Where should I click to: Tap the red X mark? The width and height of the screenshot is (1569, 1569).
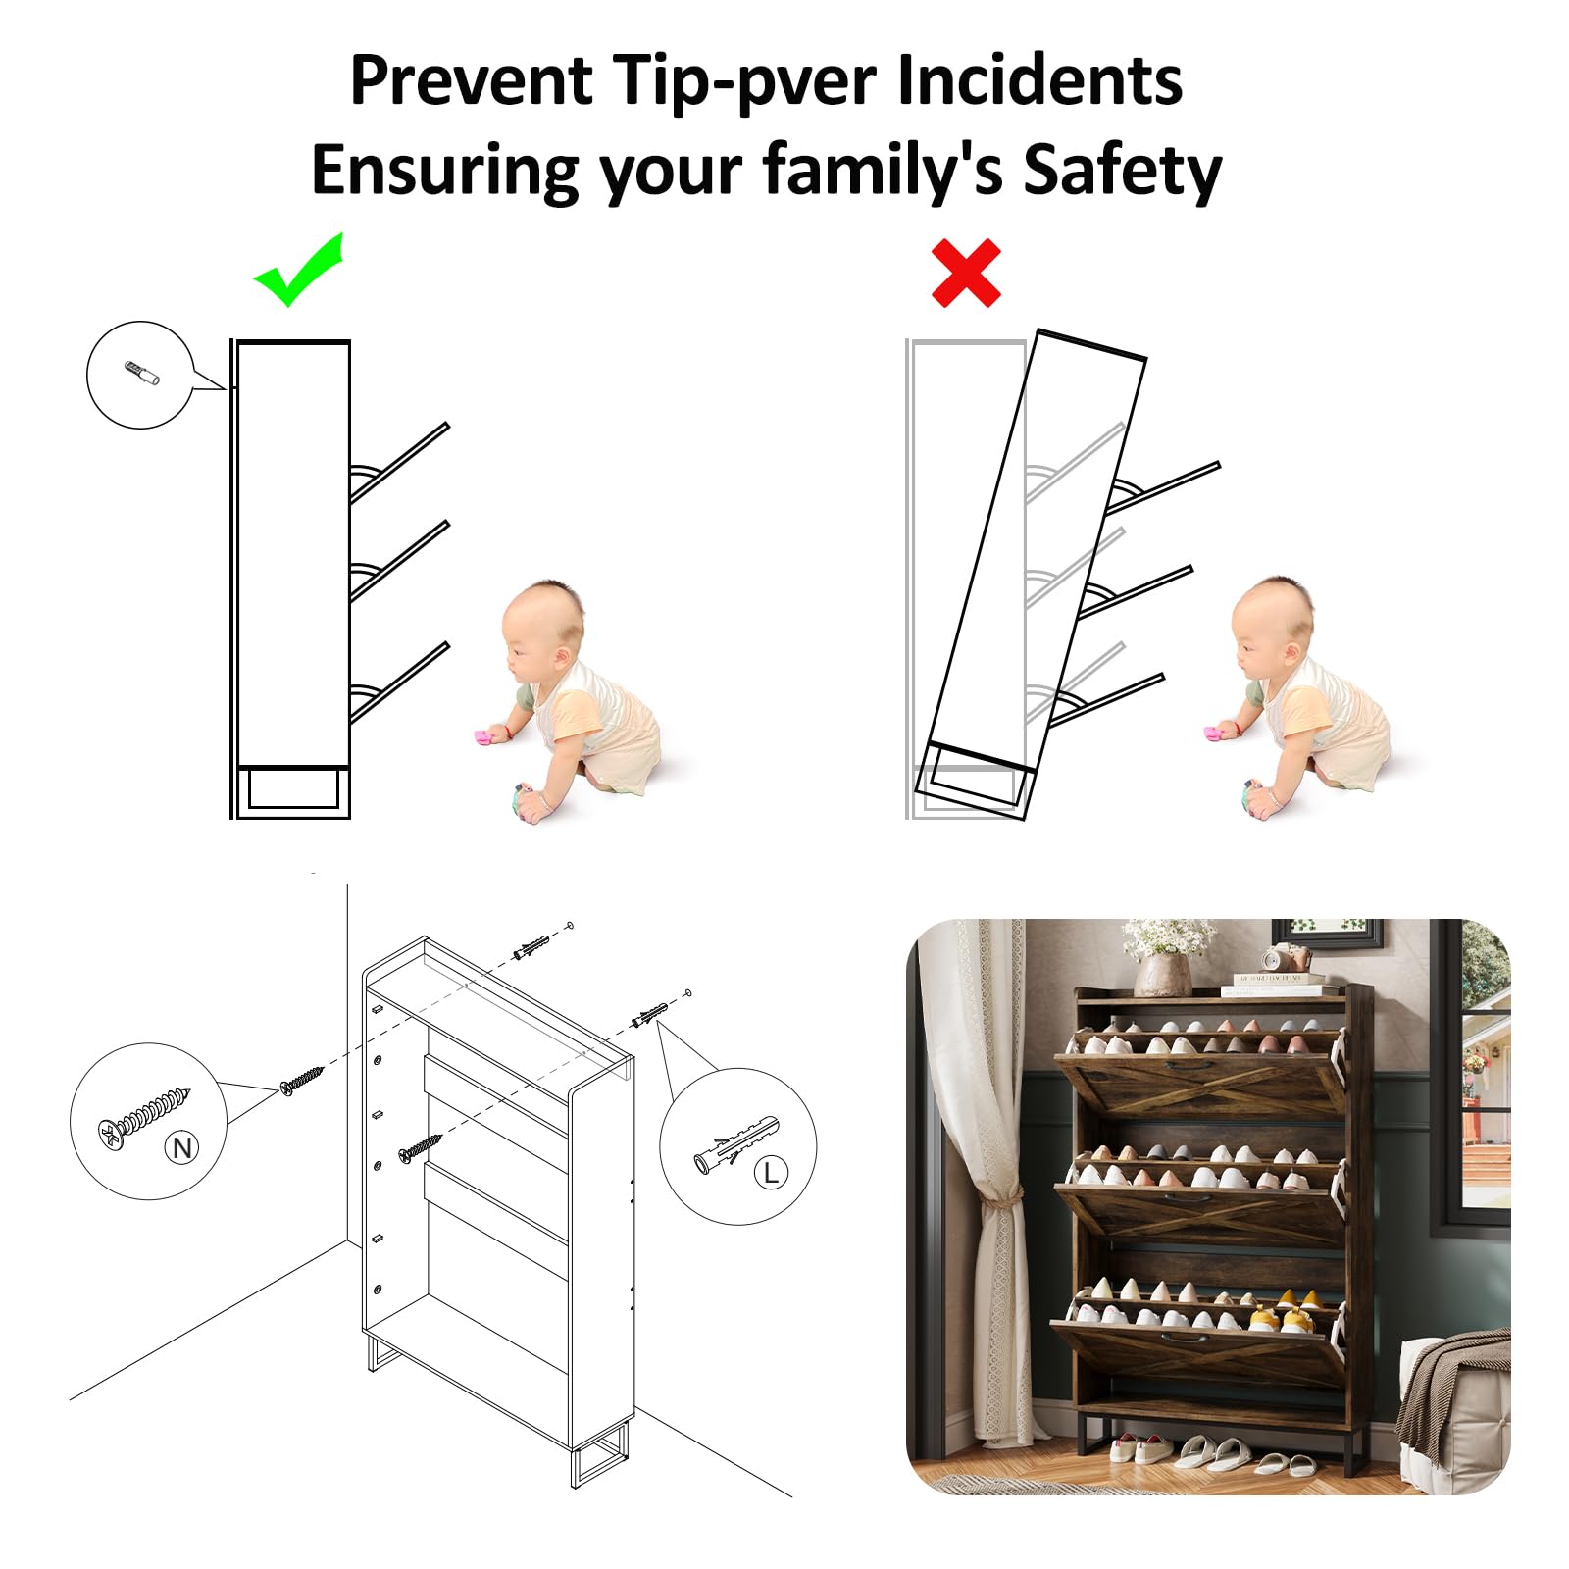click(x=966, y=273)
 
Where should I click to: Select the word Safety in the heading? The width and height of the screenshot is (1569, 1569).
click(x=1123, y=171)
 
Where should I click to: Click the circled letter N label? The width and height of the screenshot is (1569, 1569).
click(x=182, y=1147)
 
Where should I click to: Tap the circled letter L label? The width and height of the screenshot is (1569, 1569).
click(x=771, y=1172)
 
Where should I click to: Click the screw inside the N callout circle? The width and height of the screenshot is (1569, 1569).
click(x=143, y=1117)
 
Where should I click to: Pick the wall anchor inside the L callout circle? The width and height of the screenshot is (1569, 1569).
click(x=736, y=1143)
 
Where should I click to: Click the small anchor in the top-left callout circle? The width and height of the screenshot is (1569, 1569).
click(x=141, y=374)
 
